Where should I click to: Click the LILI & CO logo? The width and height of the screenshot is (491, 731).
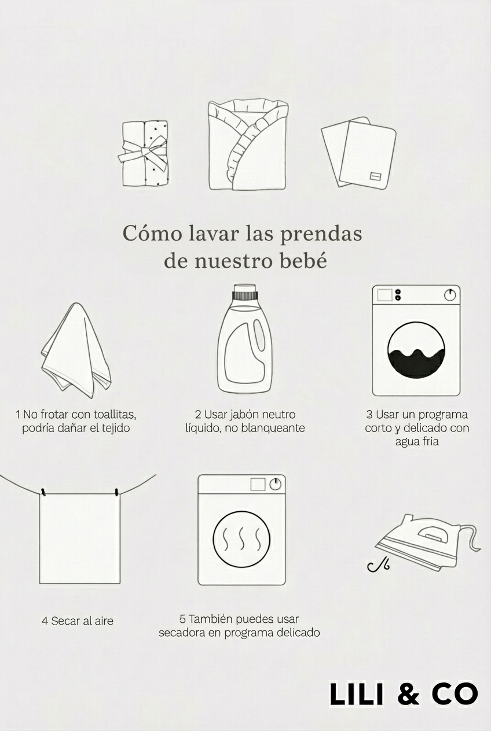[404, 694]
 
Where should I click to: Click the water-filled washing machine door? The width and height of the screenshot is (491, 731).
[416, 350]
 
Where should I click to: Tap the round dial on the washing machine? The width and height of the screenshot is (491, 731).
[450, 295]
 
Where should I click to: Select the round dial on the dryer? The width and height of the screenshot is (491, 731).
[276, 484]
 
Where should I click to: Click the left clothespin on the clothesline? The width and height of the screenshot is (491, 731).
[42, 492]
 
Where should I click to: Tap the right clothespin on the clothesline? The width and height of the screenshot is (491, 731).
[117, 492]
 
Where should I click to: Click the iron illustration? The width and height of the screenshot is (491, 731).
[423, 541]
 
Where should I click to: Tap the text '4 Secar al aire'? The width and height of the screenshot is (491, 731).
[78, 621]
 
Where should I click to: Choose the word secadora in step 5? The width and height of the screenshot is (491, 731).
[181, 633]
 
